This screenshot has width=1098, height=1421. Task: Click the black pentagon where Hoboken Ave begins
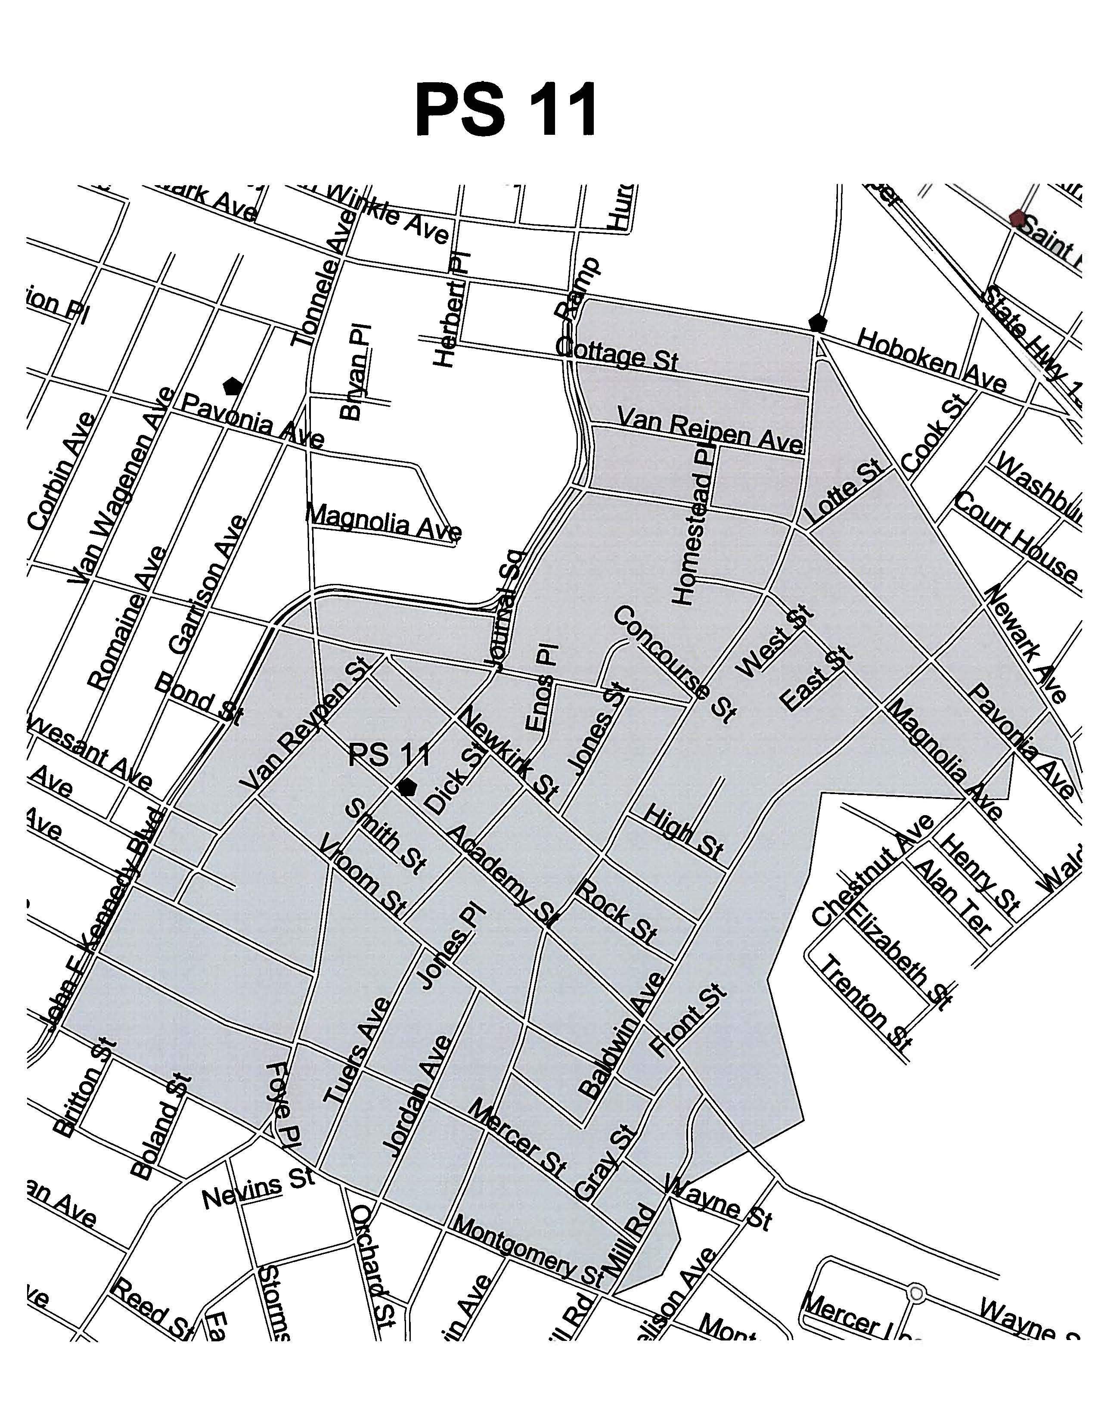[817, 322]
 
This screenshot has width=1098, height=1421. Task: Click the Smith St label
[385, 836]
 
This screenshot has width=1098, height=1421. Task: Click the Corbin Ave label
[62, 470]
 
